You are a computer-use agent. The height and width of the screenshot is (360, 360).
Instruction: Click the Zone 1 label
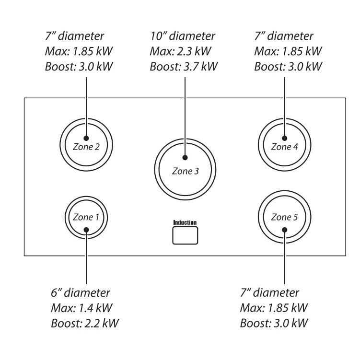tap(86, 217)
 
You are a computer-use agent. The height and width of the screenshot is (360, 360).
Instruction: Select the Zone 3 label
tap(185, 170)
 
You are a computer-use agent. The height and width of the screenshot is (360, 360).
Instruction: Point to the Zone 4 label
tap(284, 147)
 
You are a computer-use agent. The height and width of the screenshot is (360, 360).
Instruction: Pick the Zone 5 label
tap(284, 217)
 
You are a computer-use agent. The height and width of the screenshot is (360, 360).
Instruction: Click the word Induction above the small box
tap(185, 222)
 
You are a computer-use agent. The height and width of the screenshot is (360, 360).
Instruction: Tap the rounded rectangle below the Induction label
tap(185, 235)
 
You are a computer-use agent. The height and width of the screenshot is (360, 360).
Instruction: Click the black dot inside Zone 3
tap(185, 157)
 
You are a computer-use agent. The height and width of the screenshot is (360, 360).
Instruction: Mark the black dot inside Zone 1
tap(86, 229)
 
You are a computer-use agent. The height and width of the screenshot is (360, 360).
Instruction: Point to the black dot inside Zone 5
tap(284, 229)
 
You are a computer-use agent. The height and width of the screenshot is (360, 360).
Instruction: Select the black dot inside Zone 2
tap(86, 137)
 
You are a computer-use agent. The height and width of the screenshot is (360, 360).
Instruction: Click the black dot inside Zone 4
tap(284, 137)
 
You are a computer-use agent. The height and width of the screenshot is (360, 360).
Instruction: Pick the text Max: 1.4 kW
tap(77, 307)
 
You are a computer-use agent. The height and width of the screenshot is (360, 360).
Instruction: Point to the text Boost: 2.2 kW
tap(84, 323)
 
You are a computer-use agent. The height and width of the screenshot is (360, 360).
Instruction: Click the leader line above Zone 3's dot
tap(185, 115)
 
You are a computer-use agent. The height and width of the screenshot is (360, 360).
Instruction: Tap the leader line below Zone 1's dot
tap(86, 259)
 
